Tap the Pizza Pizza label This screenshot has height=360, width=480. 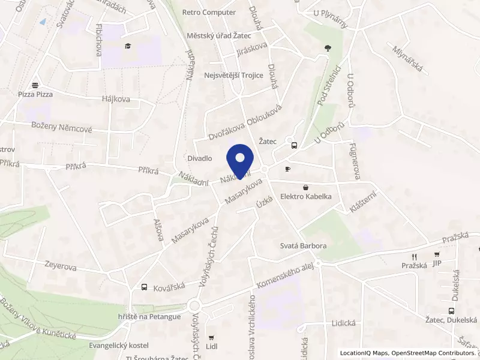click(x=35, y=94)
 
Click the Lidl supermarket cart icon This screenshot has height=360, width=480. click(x=211, y=338)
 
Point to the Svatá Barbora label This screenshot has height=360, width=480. click(x=304, y=246)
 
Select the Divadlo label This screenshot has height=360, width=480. click(x=200, y=158)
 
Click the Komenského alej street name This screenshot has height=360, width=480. click(x=285, y=277)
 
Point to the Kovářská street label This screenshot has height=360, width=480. click(x=167, y=287)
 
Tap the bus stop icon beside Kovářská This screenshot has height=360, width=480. click(x=144, y=287)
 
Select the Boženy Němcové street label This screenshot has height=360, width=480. click(x=62, y=128)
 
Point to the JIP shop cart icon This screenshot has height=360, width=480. click(x=437, y=254)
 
